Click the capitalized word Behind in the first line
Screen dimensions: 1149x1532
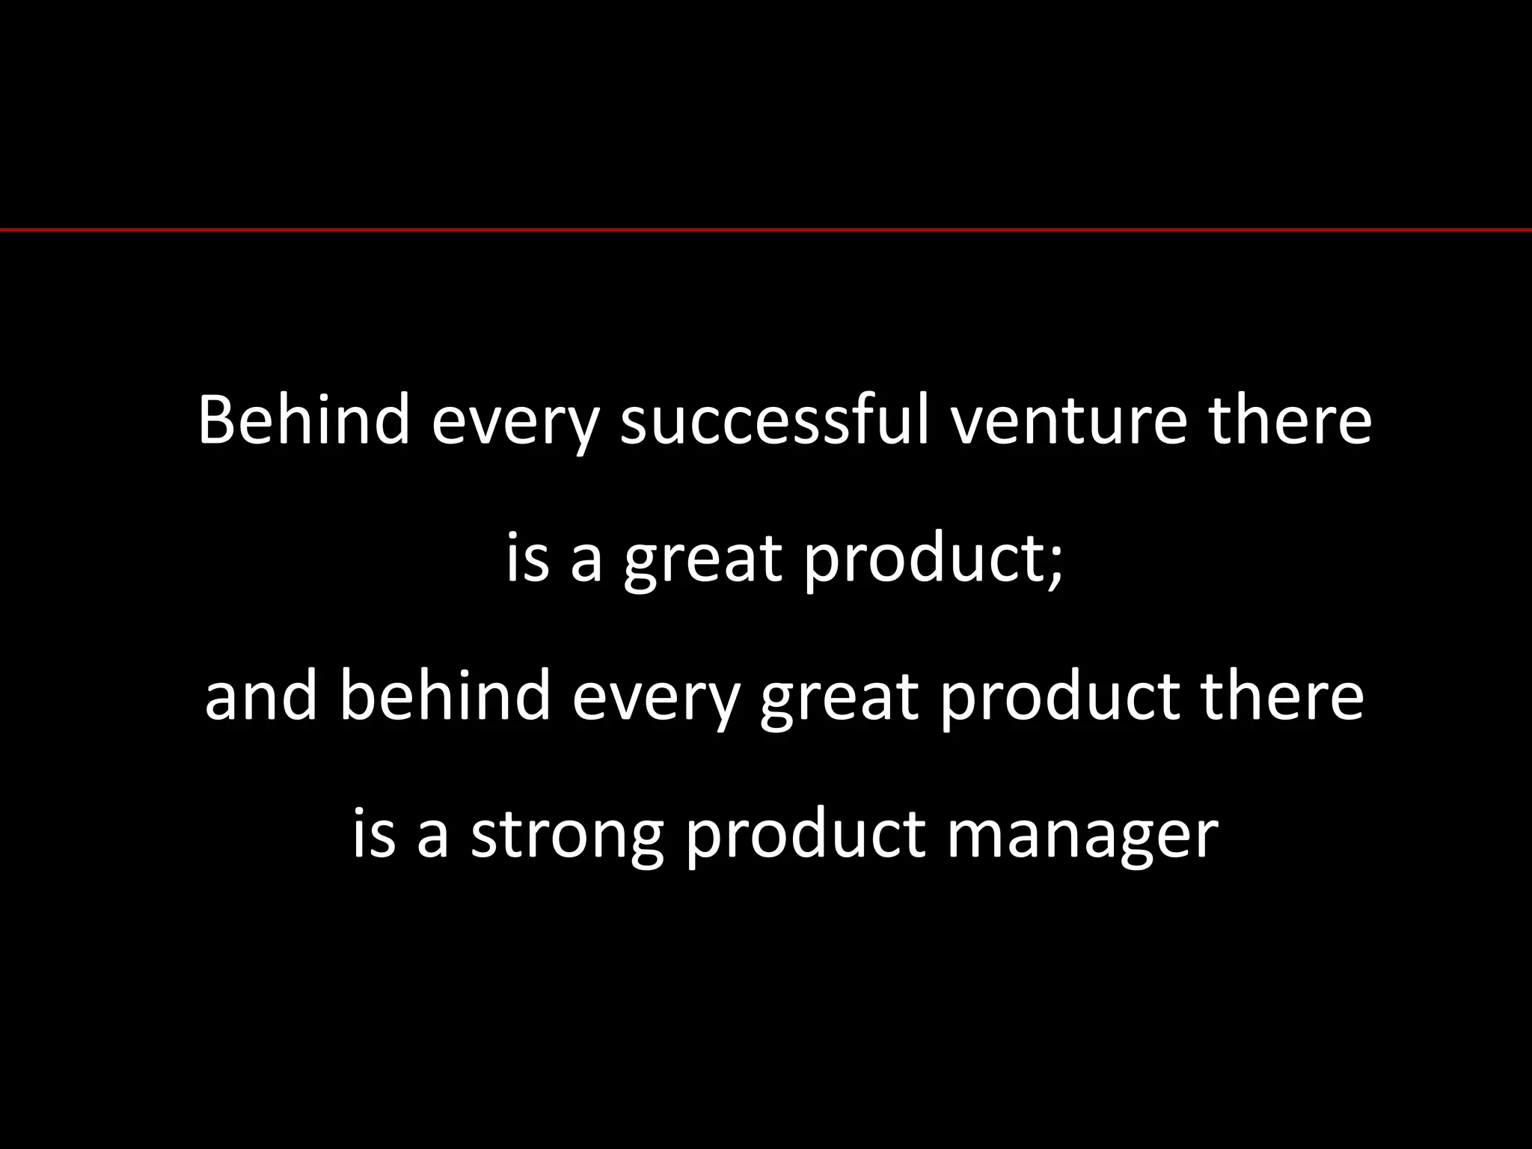[304, 420]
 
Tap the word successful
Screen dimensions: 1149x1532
[775, 420]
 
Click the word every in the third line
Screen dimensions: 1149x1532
[655, 702]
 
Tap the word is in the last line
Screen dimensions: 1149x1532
[373, 833]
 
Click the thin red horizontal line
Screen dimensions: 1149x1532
[766, 230]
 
